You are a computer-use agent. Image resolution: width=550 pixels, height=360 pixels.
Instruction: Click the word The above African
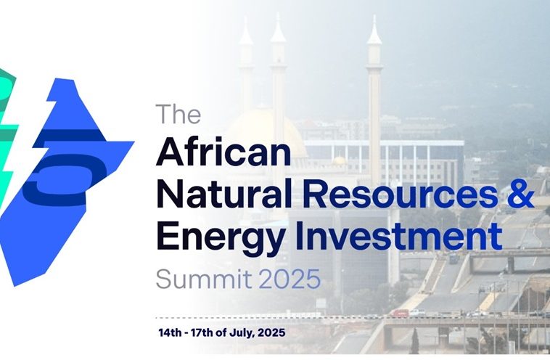[x=178, y=114]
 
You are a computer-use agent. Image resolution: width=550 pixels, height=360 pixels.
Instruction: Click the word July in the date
[x=242, y=332]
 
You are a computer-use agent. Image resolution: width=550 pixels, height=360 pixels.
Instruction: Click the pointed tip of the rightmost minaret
[x=374, y=15]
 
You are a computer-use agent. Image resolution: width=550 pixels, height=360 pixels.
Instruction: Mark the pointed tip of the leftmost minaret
[x=246, y=17]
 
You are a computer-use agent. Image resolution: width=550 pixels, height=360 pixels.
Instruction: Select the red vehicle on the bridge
[x=401, y=313]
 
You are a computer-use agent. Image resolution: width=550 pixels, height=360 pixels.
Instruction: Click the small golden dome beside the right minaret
[x=339, y=161]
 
